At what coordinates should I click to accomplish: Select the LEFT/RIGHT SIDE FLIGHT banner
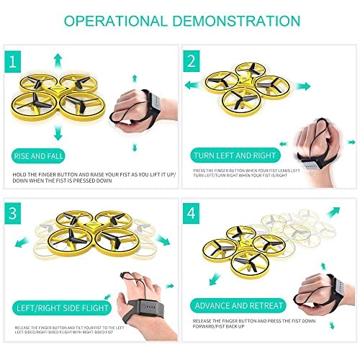(57, 310)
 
